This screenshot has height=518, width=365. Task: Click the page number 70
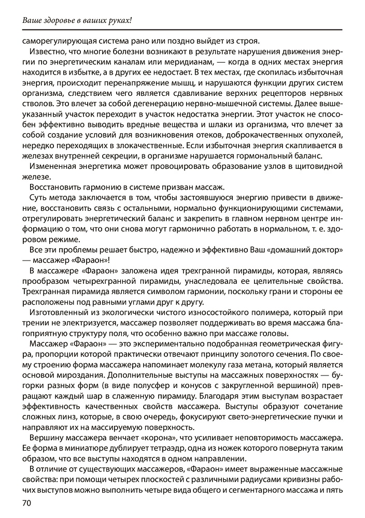27,503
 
